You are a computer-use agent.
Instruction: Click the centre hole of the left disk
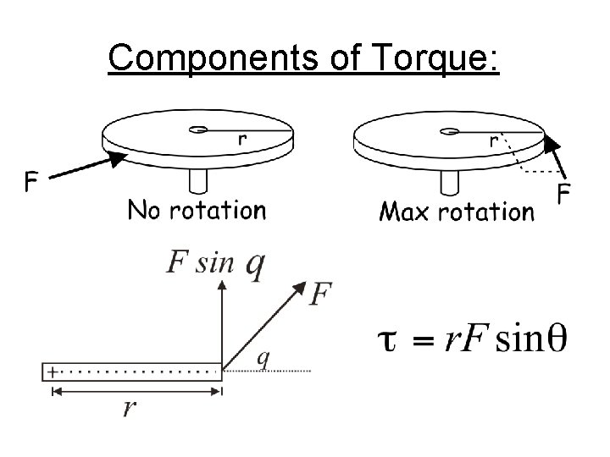point(198,129)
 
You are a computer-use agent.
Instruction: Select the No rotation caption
point(197,209)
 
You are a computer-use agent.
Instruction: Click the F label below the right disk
point(563,195)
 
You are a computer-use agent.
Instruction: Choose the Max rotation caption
point(457,211)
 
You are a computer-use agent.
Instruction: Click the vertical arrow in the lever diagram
point(222,326)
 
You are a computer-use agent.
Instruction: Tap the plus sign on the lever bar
point(53,371)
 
